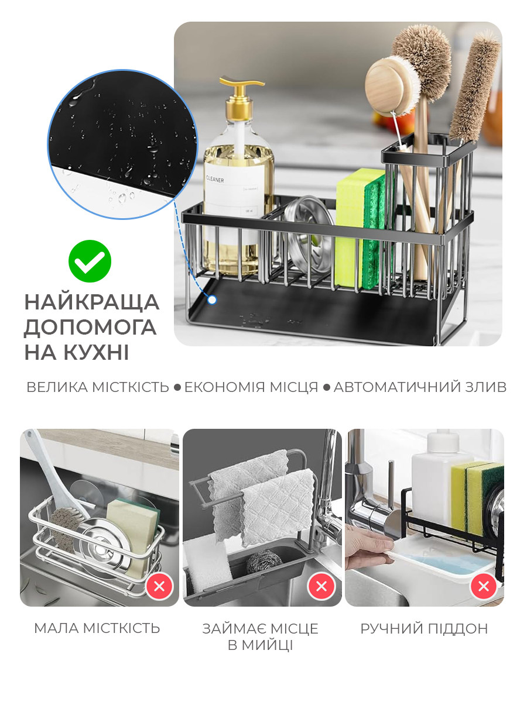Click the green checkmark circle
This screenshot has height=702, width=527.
pyautogui.click(x=90, y=261)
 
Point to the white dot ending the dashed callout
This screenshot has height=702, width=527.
pyautogui.click(x=211, y=300)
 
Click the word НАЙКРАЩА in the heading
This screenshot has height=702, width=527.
pyautogui.click(x=92, y=302)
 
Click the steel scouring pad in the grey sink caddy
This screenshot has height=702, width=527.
pyautogui.click(x=263, y=562)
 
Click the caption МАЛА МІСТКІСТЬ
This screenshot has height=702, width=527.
pyautogui.click(x=97, y=628)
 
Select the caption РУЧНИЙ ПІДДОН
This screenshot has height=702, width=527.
pyautogui.click(x=424, y=628)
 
